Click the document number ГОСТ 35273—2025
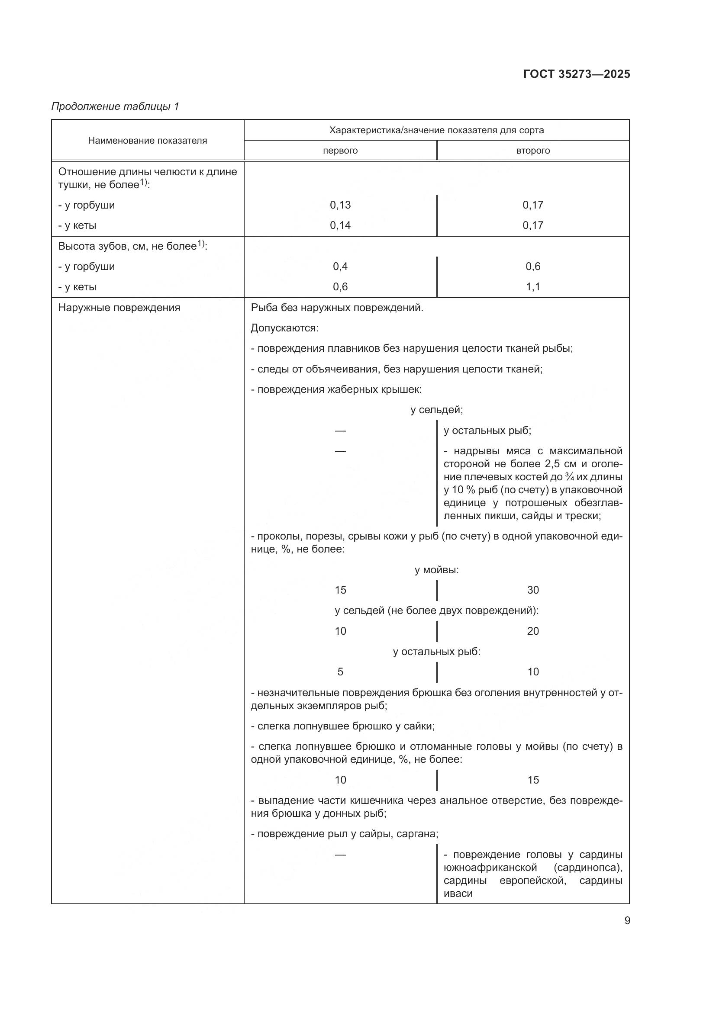[576, 74]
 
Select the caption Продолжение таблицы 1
[115, 106]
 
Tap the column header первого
[340, 151]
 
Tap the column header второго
[532, 151]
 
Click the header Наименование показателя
[147, 141]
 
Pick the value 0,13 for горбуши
[340, 205]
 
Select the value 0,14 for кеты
[340, 225]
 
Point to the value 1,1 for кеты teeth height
[532, 287]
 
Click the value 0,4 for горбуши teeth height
[340, 266]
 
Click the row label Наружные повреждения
[119, 308]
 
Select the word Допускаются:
[284, 328]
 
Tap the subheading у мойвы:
[436, 570]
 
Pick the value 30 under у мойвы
[532, 590]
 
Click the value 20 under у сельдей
[532, 631]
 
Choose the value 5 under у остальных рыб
[340, 672]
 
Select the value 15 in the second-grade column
[532, 780]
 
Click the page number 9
[627, 921]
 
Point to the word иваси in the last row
[458, 894]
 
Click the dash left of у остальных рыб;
[340, 431]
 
